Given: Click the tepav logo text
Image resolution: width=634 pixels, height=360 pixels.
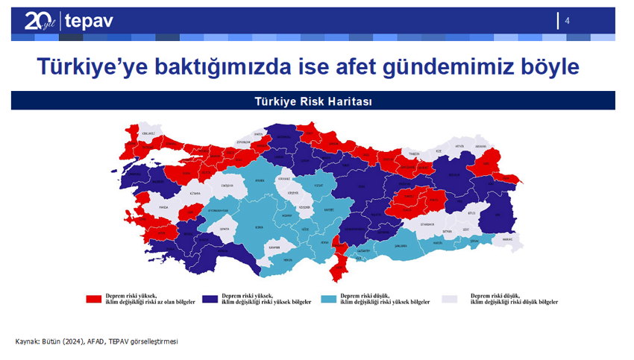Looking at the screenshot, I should (89, 20).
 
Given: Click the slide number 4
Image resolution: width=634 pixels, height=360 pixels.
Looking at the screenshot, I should (568, 20).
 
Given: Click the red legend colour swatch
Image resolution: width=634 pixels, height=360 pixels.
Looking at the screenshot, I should (94, 299).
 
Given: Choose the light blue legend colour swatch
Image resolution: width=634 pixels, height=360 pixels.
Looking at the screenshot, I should (328, 299).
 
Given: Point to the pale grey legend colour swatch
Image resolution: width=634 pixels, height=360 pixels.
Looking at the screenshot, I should (449, 299).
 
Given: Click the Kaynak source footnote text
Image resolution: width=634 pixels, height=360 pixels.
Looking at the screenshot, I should (97, 341).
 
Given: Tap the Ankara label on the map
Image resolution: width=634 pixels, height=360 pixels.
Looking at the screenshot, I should (260, 180).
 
